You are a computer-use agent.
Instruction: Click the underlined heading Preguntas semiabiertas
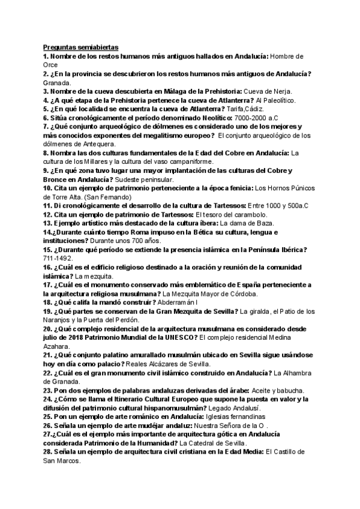[x=81, y=46]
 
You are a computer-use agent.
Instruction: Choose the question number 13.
[x=47, y=223]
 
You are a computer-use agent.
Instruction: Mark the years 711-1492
[x=58, y=259]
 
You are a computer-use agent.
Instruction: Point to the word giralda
[x=254, y=312]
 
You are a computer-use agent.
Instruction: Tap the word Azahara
[x=59, y=347]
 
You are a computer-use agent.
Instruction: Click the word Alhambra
[x=299, y=373]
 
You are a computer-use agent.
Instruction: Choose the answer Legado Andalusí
[x=194, y=408]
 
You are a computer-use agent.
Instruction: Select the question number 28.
[x=48, y=452]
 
